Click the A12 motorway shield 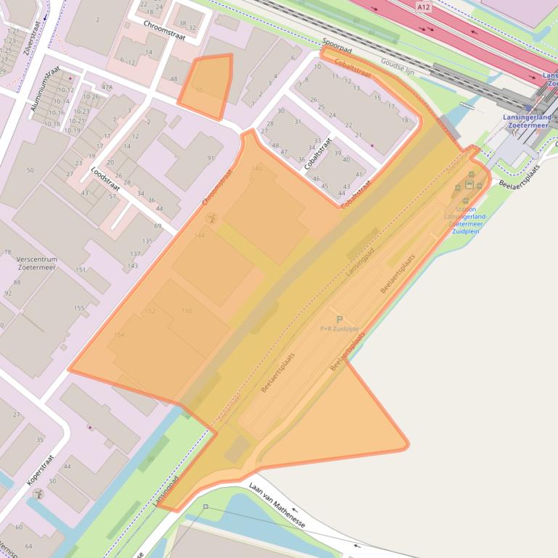424,7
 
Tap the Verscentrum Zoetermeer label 36,263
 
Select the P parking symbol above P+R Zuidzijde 339,319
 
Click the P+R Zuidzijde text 340,329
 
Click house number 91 211,158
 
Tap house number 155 78,308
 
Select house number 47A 107,87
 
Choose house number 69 157,226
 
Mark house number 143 133,266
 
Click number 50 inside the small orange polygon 199,90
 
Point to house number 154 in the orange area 119,335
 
